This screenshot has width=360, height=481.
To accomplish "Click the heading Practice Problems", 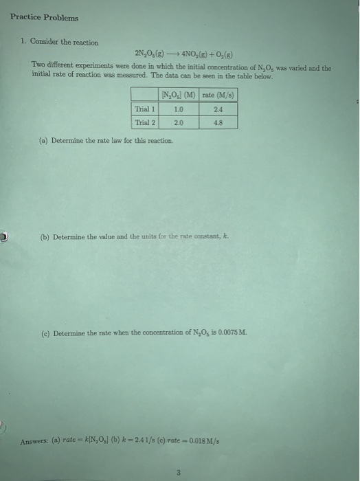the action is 44,18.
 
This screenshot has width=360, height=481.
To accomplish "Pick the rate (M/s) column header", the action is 218,94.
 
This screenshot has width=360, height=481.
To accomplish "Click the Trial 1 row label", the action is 145,109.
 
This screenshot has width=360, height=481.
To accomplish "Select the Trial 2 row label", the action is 145,122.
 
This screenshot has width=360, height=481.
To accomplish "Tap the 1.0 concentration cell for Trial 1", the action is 179,109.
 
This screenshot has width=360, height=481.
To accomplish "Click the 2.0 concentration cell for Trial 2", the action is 179,122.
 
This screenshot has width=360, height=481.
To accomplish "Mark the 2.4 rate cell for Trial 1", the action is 218,109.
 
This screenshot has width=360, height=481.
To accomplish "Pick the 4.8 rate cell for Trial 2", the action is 218,122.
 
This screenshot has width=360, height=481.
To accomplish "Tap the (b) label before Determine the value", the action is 45,237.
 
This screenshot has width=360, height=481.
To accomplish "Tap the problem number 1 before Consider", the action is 23,42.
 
